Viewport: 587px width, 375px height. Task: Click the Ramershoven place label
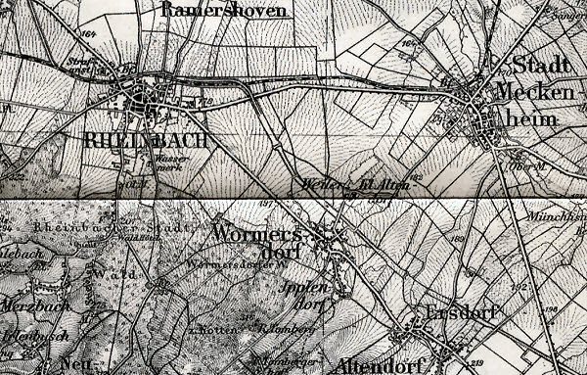pos(225,11)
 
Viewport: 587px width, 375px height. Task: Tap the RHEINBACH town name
pos(147,141)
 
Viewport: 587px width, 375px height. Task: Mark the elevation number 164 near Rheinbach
pos(91,35)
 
